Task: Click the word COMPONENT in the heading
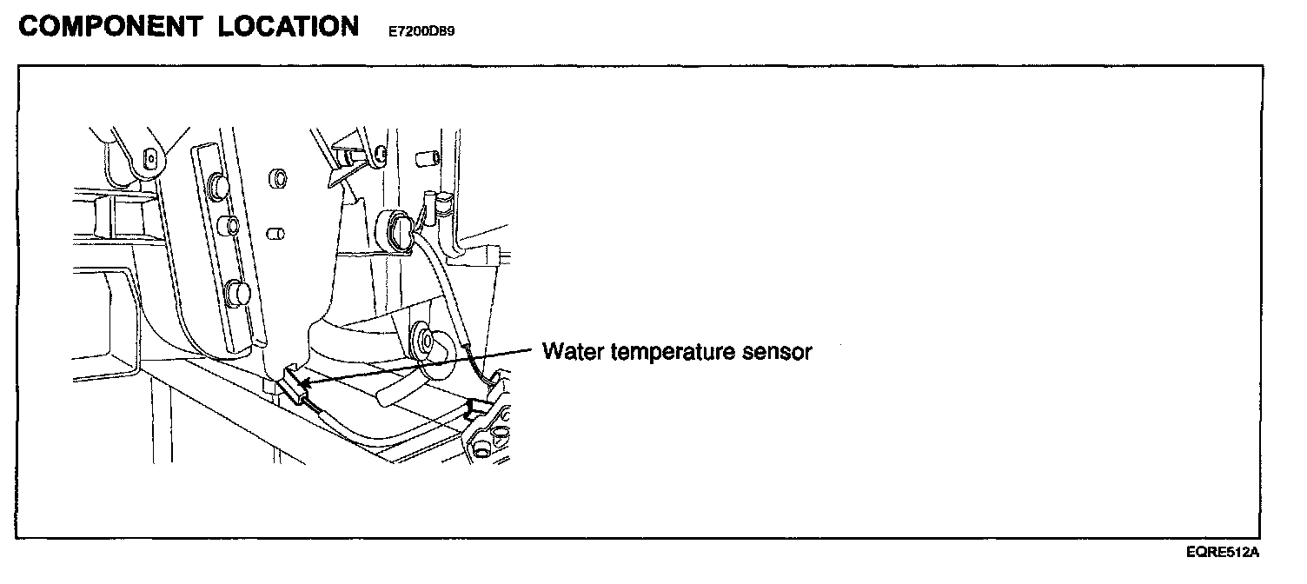[x=110, y=27]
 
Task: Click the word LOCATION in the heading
[x=289, y=27]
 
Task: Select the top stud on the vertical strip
[x=216, y=188]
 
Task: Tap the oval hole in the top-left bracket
[x=149, y=158]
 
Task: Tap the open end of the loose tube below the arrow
[x=385, y=399]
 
